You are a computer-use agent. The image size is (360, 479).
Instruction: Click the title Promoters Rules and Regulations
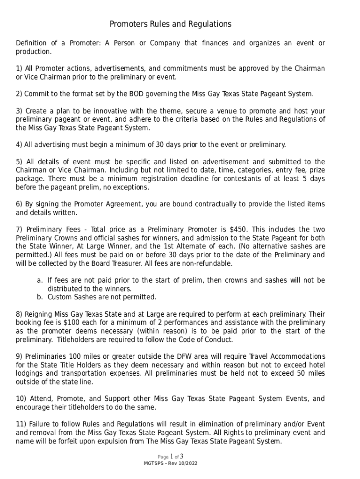tap(170, 24)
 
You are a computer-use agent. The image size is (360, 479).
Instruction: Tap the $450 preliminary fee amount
tap(238, 229)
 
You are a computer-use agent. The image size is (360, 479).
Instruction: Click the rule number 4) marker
tap(19, 145)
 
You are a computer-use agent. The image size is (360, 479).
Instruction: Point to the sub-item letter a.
tap(39, 280)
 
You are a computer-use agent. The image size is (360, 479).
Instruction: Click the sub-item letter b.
tap(39, 297)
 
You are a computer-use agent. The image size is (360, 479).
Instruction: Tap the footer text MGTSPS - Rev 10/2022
tap(170, 464)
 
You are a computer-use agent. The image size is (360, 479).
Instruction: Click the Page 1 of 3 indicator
tap(170, 457)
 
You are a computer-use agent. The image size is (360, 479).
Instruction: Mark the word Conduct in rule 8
tap(220, 340)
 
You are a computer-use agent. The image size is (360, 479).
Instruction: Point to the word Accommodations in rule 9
tap(296, 356)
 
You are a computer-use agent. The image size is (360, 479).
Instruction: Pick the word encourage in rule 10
tap(34, 407)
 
